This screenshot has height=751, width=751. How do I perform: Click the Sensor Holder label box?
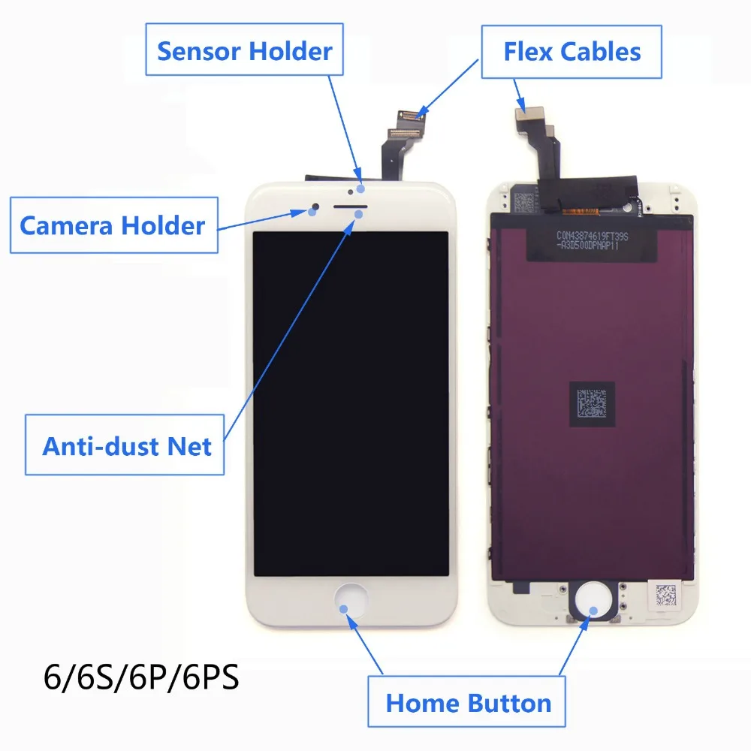244,50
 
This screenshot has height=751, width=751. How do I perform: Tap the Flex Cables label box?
572,52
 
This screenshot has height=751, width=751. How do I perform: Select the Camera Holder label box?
114,225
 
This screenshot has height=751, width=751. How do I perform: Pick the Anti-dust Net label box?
125,445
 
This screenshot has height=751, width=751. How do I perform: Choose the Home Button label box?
466,701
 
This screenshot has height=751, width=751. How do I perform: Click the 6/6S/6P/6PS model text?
141,677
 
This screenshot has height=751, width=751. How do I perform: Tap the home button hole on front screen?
351,601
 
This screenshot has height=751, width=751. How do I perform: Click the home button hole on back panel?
593,600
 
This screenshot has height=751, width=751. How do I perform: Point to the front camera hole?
315,207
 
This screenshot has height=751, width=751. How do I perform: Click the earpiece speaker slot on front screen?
350,207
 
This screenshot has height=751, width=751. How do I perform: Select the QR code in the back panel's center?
592,404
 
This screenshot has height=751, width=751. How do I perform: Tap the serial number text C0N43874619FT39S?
592,236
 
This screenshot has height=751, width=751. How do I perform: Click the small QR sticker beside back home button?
665,596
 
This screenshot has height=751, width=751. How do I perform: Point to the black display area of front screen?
351,404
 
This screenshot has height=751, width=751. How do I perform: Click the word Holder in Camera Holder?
163,225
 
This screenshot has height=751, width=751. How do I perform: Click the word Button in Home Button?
509,703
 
